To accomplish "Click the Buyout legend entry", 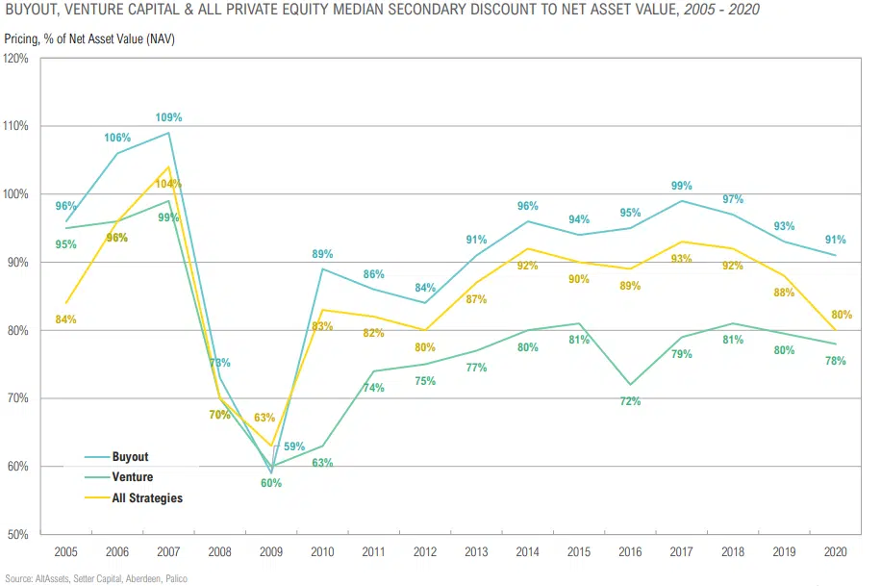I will click(x=130, y=457).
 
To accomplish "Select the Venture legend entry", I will click(x=132, y=477).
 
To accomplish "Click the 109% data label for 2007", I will click(x=169, y=117).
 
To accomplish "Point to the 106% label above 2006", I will click(x=116, y=138).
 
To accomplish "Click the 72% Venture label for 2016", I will click(x=629, y=401).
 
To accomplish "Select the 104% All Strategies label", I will click(x=169, y=184).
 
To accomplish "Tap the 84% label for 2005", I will click(x=65, y=319).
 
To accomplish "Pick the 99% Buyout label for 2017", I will click(x=682, y=185).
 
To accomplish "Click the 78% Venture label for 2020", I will click(x=834, y=361).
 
